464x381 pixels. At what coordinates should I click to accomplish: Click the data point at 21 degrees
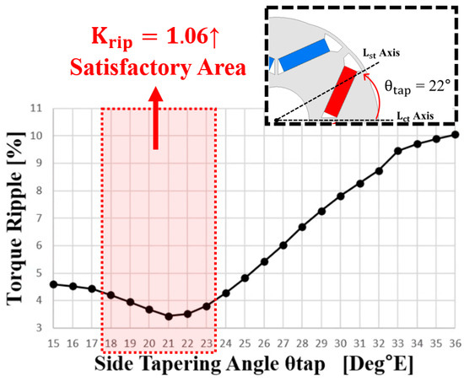click(x=169, y=316)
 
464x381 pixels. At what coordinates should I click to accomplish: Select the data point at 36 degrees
click(x=456, y=134)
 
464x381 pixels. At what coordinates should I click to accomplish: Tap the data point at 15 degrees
click(x=54, y=284)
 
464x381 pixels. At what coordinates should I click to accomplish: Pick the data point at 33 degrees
click(x=398, y=151)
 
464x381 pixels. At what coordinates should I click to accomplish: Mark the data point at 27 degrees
click(x=283, y=245)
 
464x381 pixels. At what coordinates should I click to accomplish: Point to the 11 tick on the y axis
click(x=36, y=108)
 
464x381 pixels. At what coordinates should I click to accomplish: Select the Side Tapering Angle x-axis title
click(x=253, y=364)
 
